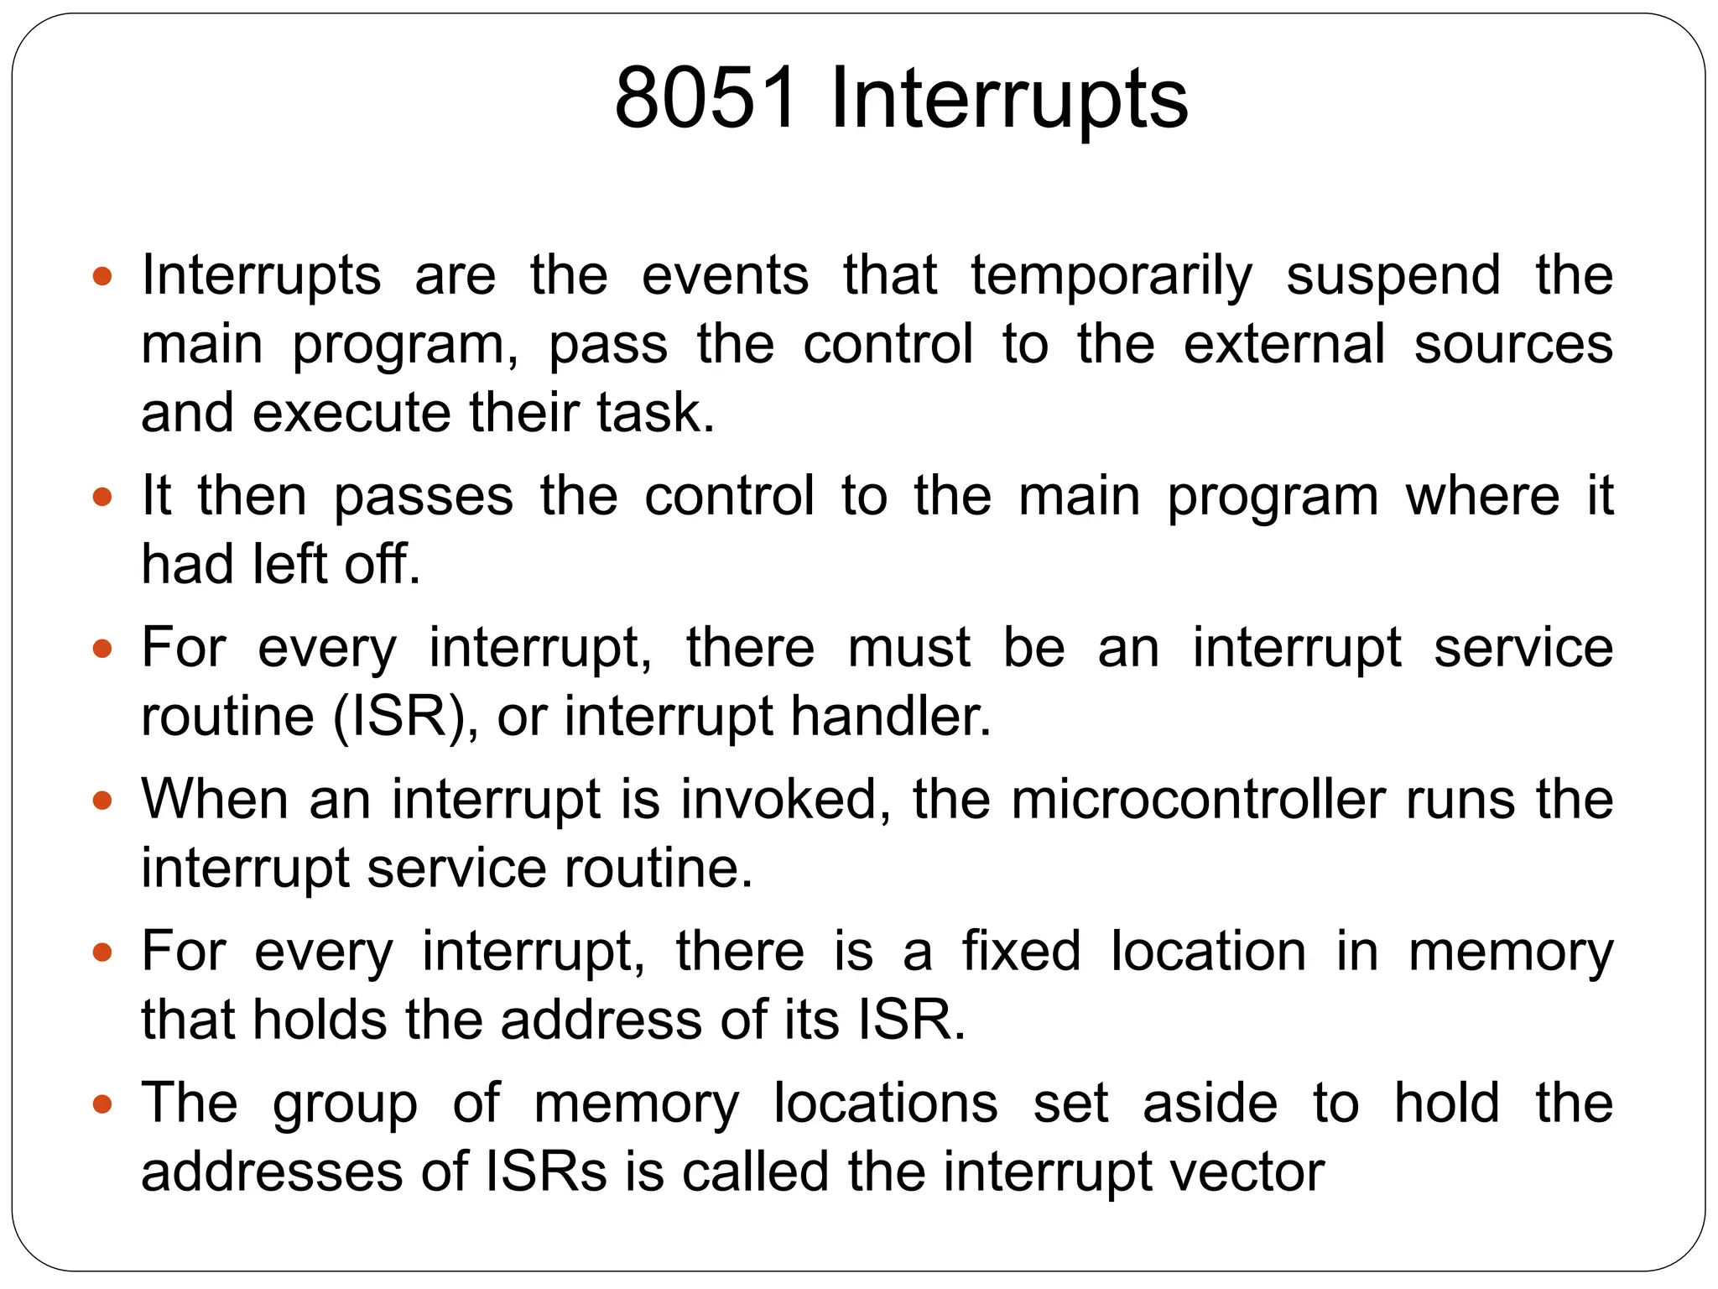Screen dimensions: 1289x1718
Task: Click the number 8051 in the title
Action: click(705, 99)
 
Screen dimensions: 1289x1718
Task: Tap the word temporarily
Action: click(1111, 276)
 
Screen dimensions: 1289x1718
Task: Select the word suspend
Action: click(1393, 276)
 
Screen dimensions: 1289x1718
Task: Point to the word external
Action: click(1283, 344)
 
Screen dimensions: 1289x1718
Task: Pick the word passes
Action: click(424, 496)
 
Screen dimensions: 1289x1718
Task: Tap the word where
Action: click(1482, 496)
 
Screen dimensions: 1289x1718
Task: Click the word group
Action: click(345, 1104)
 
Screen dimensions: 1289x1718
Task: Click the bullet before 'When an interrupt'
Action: click(102, 800)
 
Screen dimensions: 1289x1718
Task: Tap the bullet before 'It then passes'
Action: click(102, 497)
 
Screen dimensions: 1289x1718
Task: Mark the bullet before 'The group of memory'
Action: click(102, 1104)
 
